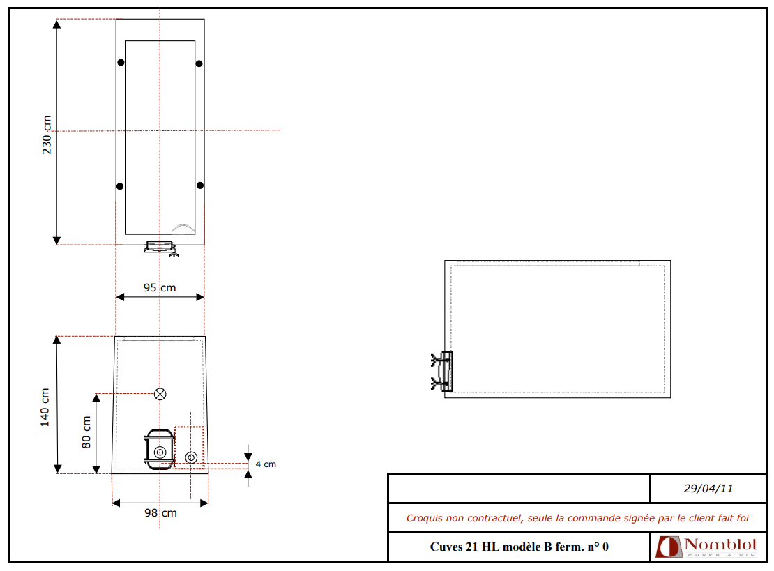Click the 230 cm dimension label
[x=47, y=135]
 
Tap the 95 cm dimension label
[x=160, y=288]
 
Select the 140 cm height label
[x=45, y=407]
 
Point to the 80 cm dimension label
[x=86, y=432]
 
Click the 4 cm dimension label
[x=266, y=464]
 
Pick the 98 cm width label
[x=160, y=512]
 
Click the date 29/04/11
[x=708, y=489]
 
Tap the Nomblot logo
[x=706, y=547]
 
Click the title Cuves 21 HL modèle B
[x=519, y=547]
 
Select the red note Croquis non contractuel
[x=577, y=518]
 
